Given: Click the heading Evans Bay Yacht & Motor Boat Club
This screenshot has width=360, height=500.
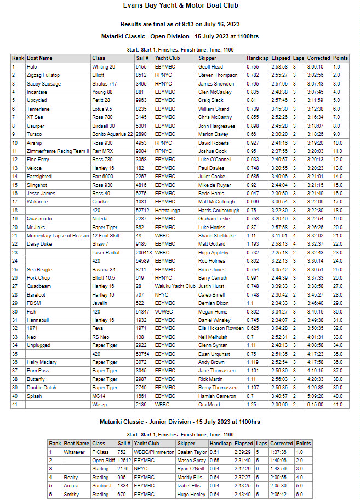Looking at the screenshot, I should click(x=180, y=6).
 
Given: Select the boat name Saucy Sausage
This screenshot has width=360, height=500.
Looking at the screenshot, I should click(x=44, y=83).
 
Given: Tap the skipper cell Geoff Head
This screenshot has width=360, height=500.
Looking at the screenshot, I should click(x=210, y=66).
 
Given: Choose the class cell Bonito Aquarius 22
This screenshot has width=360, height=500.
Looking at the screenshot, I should click(x=113, y=134).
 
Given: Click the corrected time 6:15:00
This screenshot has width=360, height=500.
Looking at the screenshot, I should click(x=318, y=404).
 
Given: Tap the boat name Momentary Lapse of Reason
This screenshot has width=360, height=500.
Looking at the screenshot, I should click(x=58, y=235).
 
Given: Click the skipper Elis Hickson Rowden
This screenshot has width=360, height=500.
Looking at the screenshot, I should click(x=221, y=328).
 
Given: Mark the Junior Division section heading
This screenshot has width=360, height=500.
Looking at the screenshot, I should click(x=180, y=422).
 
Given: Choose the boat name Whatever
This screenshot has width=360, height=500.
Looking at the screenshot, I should click(x=74, y=452).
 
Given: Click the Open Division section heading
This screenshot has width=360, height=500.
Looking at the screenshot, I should click(x=180, y=36).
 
